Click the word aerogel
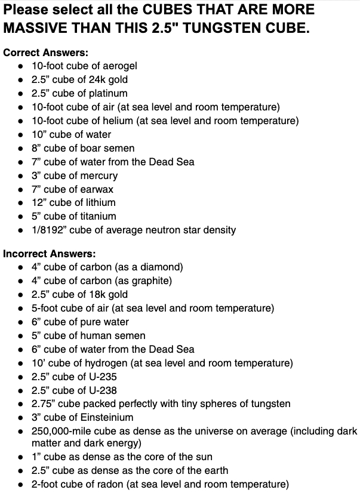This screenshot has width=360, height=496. pyautogui.click(x=120, y=66)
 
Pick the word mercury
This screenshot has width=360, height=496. pyautogui.click(x=99, y=175)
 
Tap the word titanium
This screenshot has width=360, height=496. pyautogui.click(x=97, y=216)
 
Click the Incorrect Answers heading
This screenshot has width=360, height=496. pyautogui.click(x=49, y=254)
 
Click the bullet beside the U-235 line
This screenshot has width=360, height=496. pyautogui.click(x=21, y=377)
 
